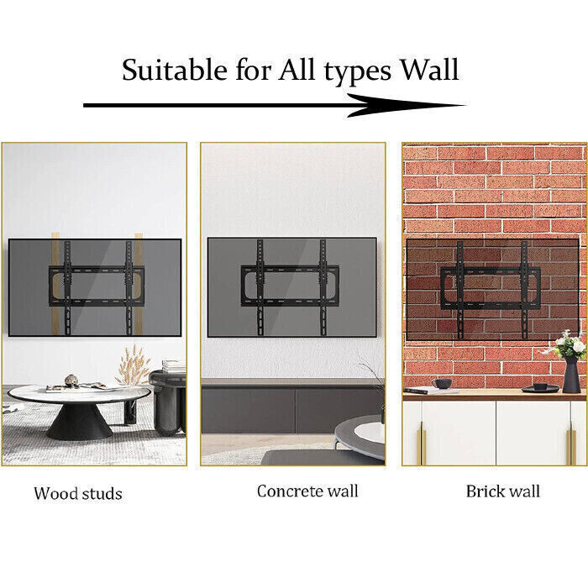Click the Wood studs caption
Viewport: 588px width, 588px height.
point(77,493)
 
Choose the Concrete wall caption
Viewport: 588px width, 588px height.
point(307,491)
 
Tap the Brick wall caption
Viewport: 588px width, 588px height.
point(503,491)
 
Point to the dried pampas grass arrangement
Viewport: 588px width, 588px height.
point(132,366)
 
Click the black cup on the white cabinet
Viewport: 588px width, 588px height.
point(442,383)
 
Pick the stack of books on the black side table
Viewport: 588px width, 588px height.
point(173,366)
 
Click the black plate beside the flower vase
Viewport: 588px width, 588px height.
point(535,388)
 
